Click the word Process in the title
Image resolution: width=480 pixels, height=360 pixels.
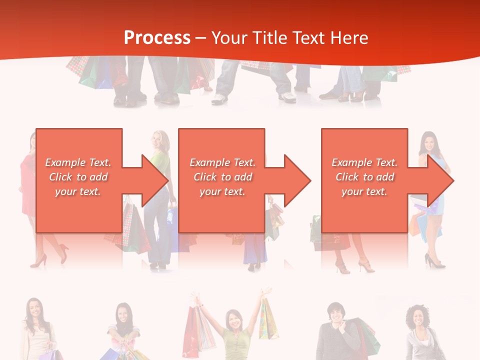click(x=157, y=37)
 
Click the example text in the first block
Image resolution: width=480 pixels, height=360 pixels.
click(x=78, y=177)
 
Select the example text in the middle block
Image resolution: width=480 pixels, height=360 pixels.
click(x=222, y=177)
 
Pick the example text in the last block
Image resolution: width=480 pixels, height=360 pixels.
click(x=364, y=177)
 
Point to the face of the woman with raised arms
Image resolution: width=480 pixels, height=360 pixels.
click(x=233, y=320)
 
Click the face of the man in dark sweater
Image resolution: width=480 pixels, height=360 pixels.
click(x=334, y=314)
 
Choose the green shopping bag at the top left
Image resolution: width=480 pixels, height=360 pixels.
click(x=90, y=75)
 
